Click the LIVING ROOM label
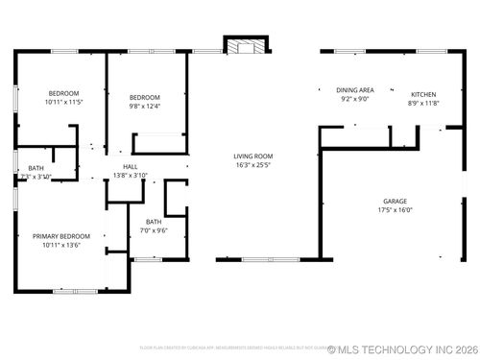[x=253, y=156]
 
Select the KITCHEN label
[x=423, y=94]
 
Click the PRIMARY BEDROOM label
[x=61, y=236]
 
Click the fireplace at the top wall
[x=244, y=45]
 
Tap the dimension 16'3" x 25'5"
[x=253, y=163]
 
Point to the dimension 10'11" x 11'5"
[x=63, y=102]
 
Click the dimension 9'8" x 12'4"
[x=144, y=104]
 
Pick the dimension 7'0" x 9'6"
[x=154, y=230]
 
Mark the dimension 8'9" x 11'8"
[x=423, y=102]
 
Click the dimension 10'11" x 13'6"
[x=61, y=244]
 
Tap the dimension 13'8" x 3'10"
[x=131, y=175]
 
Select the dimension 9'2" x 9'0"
[x=354, y=98]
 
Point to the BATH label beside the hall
[x=36, y=169]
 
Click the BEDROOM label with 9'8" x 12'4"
[x=144, y=96]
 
